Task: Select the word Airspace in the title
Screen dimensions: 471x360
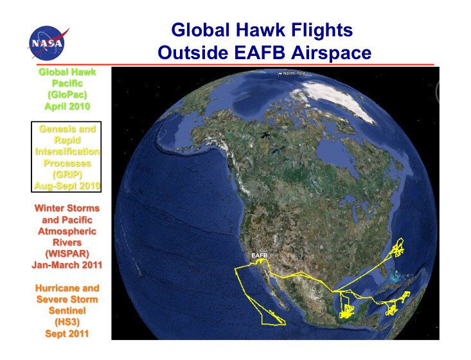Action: [332, 53]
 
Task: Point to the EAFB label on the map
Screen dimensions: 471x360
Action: [259, 255]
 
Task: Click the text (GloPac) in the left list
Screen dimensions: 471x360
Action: [67, 94]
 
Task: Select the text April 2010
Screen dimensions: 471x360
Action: [67, 106]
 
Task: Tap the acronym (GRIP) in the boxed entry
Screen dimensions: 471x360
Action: [67, 174]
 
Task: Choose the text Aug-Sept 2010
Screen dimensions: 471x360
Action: [67, 186]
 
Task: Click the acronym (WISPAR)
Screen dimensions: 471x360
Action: [67, 254]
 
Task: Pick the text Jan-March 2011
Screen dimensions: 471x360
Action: [67, 265]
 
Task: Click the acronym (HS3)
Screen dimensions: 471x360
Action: [67, 322]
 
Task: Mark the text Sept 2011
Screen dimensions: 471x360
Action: [67, 334]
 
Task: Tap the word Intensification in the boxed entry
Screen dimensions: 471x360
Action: [67, 152]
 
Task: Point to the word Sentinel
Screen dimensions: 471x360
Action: [67, 310]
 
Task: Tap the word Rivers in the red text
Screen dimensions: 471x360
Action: [67, 242]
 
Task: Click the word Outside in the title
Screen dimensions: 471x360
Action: [193, 53]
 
